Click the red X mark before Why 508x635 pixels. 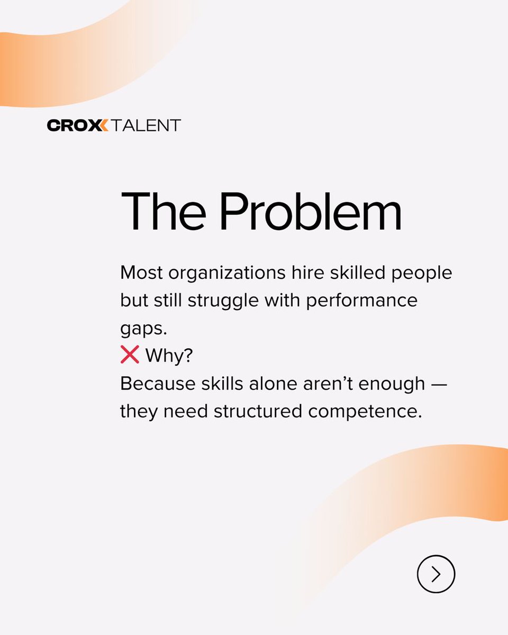(x=130, y=355)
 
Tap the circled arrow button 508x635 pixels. (x=436, y=574)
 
